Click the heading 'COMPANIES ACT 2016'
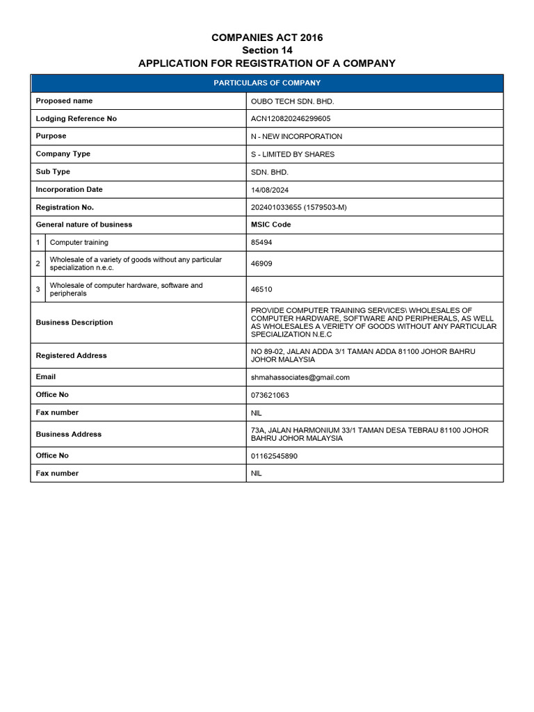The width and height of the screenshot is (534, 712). coord(267,38)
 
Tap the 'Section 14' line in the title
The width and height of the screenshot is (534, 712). coord(267,50)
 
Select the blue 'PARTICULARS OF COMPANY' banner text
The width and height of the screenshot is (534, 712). coord(267,83)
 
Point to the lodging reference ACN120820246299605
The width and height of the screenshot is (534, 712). coord(291,119)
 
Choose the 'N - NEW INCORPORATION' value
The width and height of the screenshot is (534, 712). coord(296,136)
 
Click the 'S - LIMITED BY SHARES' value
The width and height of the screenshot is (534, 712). coord(292,154)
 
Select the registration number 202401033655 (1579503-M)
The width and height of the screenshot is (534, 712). coord(300,207)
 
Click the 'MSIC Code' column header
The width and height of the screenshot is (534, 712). coord(270,225)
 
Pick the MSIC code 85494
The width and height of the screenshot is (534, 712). coord(261,243)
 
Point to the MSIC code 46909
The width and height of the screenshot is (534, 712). coord(261,264)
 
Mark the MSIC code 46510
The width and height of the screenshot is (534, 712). coord(261,289)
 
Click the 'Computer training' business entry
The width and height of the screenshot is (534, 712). coord(79,243)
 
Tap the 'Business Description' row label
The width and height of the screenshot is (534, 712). coord(74,323)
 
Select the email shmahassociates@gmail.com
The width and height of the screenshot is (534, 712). coord(300,378)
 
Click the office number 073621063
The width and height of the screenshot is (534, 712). coord(270,395)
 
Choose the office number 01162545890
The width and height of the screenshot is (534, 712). coord(275,455)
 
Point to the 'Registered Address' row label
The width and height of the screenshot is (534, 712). coord(71,355)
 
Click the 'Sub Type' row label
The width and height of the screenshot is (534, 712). coord(53,172)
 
